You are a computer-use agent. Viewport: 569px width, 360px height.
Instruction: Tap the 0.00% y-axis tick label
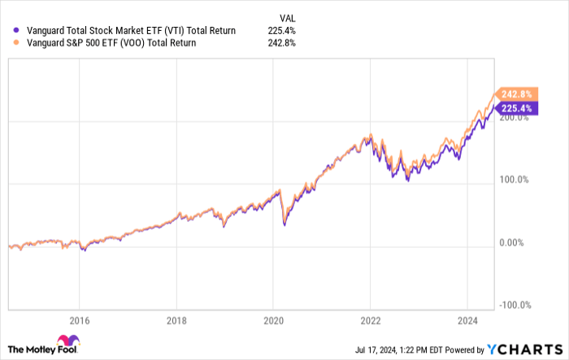point(510,243)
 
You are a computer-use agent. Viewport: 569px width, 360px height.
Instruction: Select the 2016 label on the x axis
point(79,319)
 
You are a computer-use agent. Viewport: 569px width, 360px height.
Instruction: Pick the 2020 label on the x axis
point(273,319)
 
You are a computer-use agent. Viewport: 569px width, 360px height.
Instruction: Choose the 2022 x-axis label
point(370,319)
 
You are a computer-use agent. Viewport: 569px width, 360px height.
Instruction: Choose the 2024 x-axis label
point(467,319)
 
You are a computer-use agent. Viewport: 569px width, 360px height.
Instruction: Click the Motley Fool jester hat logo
point(67,342)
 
